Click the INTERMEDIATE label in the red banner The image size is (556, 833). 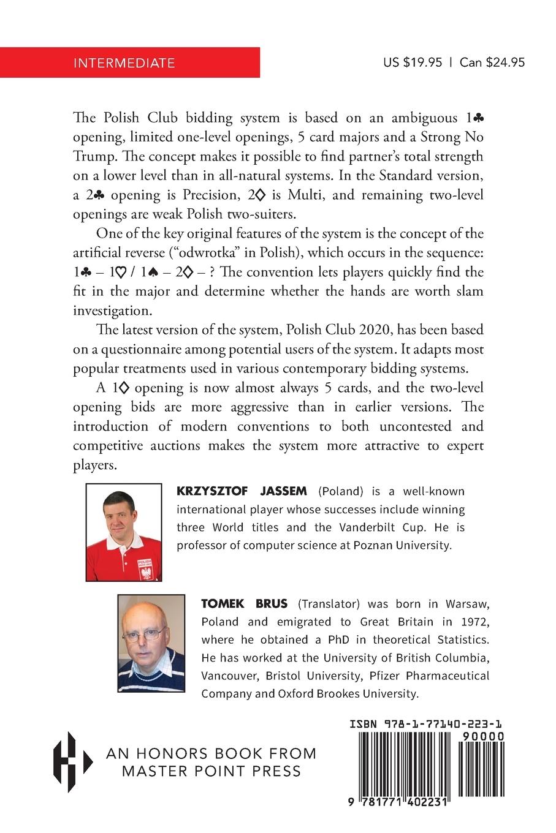coord(124,62)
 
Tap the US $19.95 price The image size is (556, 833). coord(412,62)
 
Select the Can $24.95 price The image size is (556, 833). coord(492,62)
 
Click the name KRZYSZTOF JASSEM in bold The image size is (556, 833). coord(242,491)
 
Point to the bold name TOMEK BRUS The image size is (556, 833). coord(244,603)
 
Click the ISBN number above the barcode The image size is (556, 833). coord(427,724)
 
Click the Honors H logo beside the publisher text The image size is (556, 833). coord(71,761)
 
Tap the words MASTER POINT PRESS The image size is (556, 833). coord(211,771)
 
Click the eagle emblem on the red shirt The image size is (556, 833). coord(146,572)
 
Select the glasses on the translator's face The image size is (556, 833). coord(145,634)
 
